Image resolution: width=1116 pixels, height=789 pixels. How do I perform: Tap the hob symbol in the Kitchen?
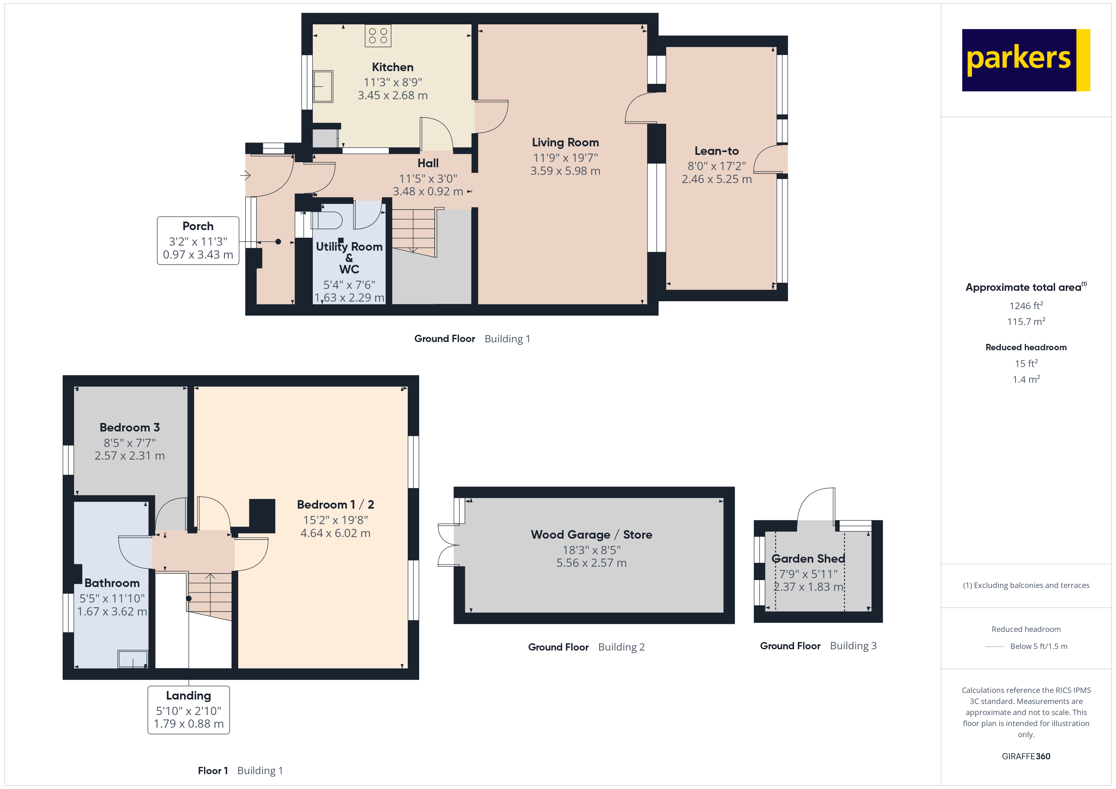click(378, 36)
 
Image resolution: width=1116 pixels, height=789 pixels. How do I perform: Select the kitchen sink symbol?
click(323, 87)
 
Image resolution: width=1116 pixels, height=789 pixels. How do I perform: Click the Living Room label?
click(565, 142)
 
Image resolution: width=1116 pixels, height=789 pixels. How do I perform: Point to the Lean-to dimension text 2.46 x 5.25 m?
click(716, 179)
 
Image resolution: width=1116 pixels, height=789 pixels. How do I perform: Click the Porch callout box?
click(198, 241)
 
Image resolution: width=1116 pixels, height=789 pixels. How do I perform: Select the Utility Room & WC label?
click(349, 258)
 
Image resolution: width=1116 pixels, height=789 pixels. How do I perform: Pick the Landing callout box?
click(189, 709)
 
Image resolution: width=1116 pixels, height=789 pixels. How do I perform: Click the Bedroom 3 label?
click(129, 428)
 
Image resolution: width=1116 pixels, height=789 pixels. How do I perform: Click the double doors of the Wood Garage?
click(448, 545)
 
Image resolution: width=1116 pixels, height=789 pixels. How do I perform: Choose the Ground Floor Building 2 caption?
click(586, 647)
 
